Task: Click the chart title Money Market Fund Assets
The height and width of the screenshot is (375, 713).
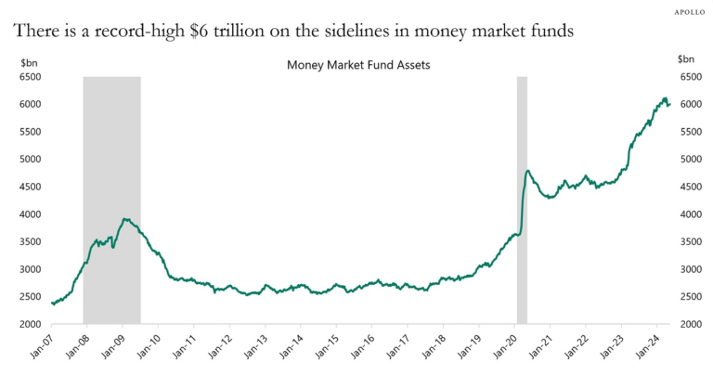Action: [x=357, y=66]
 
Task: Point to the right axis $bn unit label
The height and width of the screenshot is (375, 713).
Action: [x=685, y=60]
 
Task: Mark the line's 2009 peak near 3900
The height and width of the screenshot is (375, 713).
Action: [x=124, y=219]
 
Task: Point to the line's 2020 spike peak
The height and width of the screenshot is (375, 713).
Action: [x=527, y=171]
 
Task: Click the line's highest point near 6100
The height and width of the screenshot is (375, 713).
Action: [x=664, y=97]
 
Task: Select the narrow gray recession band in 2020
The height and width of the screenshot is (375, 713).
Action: [x=522, y=200]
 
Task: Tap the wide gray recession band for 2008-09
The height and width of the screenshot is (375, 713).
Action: [x=111, y=200]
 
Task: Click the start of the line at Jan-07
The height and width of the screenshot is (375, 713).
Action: [x=52, y=303]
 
